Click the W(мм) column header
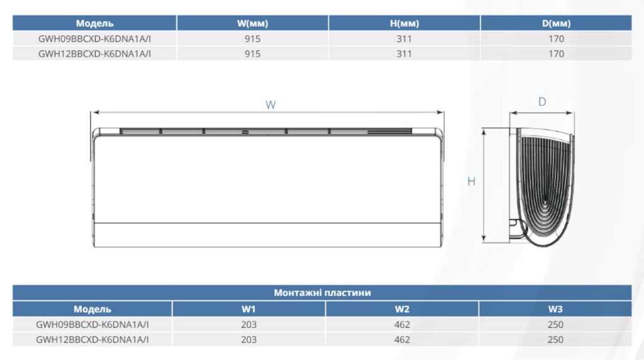(252, 23)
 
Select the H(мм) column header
(404, 23)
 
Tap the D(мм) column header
(556, 23)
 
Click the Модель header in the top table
(94, 23)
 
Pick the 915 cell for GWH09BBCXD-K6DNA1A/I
(252, 38)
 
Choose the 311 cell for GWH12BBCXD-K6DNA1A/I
(404, 54)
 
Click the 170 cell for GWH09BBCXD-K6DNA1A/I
(556, 38)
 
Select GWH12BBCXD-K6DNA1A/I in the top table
(94, 54)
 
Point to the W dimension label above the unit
(270, 105)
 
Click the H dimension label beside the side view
(471, 181)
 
